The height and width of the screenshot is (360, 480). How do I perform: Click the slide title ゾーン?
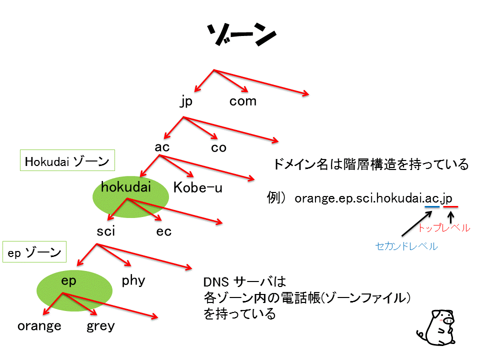pyautogui.click(x=242, y=34)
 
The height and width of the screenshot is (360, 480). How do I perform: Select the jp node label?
pyautogui.click(x=186, y=101)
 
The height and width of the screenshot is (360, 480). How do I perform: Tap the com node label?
pyautogui.click(x=243, y=101)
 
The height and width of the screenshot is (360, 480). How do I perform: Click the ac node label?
pyautogui.click(x=162, y=147)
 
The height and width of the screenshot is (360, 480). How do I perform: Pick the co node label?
pyautogui.click(x=218, y=148)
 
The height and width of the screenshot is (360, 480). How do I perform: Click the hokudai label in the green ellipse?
pyautogui.click(x=126, y=186)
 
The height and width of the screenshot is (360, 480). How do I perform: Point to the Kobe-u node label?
pyautogui.click(x=198, y=187)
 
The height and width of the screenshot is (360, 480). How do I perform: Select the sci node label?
pyautogui.click(x=106, y=231)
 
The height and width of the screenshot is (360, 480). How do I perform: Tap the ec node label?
pyautogui.click(x=164, y=231)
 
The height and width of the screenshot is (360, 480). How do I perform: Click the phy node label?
pyautogui.click(x=133, y=280)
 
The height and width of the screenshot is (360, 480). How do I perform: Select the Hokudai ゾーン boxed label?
pyautogui.click(x=67, y=160)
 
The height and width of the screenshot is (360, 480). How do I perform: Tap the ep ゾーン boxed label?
pyautogui.click(x=34, y=251)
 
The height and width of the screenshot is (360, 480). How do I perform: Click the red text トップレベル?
pyautogui.click(x=444, y=228)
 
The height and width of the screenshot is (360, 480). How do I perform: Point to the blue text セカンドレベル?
pyautogui.click(x=406, y=246)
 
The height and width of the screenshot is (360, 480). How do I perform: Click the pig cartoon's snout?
pyautogui.click(x=448, y=320)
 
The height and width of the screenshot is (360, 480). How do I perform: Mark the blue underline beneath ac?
pyautogui.click(x=432, y=207)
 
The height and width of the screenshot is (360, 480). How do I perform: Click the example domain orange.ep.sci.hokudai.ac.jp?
pyautogui.click(x=373, y=198)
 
